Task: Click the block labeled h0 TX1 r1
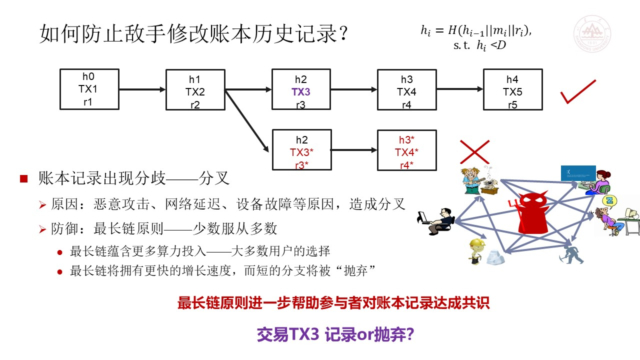89,89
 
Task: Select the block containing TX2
195,89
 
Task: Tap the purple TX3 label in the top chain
301,91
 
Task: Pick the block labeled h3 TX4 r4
407,89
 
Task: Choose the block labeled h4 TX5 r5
513,89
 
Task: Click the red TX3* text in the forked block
301,152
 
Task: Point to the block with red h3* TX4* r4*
407,150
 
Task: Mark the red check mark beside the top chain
578,91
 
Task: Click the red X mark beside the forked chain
474,152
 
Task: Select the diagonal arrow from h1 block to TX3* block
247,121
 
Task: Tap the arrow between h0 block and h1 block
142,89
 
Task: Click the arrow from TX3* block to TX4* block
354,150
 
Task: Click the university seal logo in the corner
592,33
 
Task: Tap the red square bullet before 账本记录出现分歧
23,178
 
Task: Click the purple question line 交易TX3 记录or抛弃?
335,334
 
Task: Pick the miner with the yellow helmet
477,251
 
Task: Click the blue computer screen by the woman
578,173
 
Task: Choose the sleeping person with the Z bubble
611,216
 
